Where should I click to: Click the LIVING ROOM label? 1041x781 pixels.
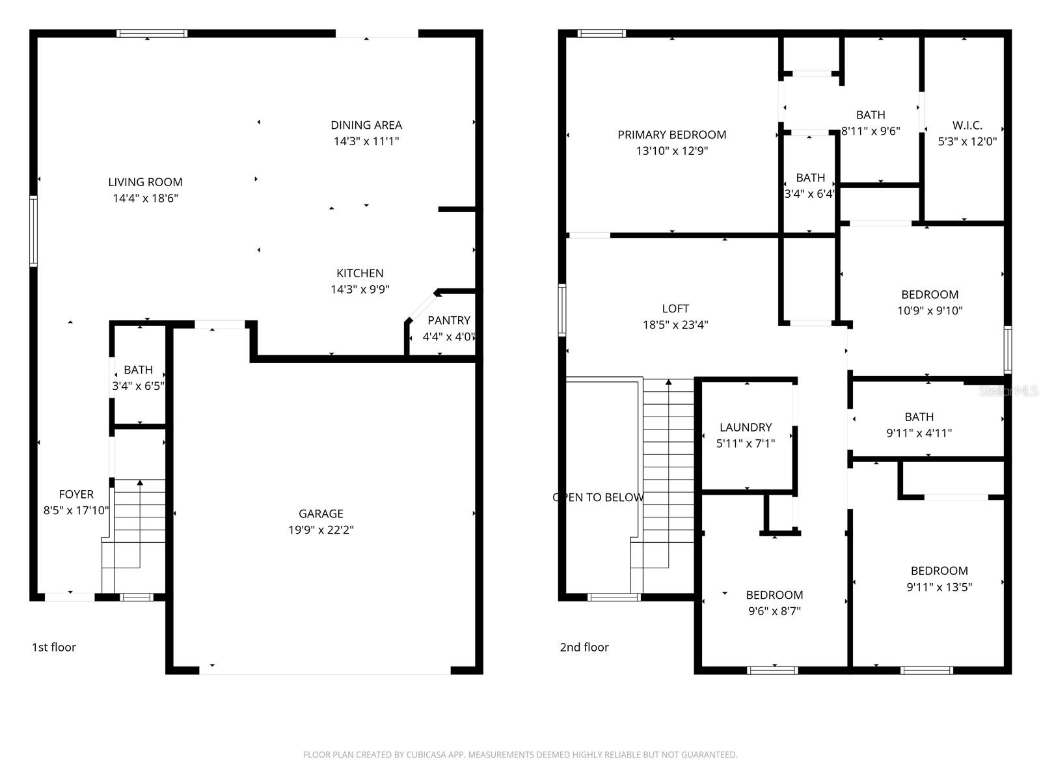(145, 182)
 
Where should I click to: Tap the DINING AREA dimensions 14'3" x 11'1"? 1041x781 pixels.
(366, 141)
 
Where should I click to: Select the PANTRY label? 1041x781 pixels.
(448, 320)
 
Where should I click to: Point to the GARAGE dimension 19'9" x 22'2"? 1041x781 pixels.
(321, 530)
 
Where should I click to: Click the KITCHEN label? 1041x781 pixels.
(360, 273)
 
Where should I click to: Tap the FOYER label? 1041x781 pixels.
(76, 495)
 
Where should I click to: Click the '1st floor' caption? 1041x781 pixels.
(54, 647)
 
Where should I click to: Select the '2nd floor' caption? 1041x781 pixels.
(584, 647)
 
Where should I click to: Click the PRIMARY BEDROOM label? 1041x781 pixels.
(671, 135)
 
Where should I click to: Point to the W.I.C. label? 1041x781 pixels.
(967, 125)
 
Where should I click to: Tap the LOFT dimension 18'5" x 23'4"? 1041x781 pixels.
(675, 325)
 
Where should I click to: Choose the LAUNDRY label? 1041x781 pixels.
(746, 428)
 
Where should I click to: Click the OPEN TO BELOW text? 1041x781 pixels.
(598, 497)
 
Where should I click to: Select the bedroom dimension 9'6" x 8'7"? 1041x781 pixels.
(774, 611)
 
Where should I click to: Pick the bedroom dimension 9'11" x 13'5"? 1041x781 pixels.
(939, 587)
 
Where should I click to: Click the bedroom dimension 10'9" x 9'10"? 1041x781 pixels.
(930, 310)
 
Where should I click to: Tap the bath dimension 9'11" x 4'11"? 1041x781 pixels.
(919, 433)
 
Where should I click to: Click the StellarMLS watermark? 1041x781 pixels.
(1009, 391)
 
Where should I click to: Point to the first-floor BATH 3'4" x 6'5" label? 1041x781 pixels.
(138, 370)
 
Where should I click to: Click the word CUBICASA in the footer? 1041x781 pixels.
(426, 755)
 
